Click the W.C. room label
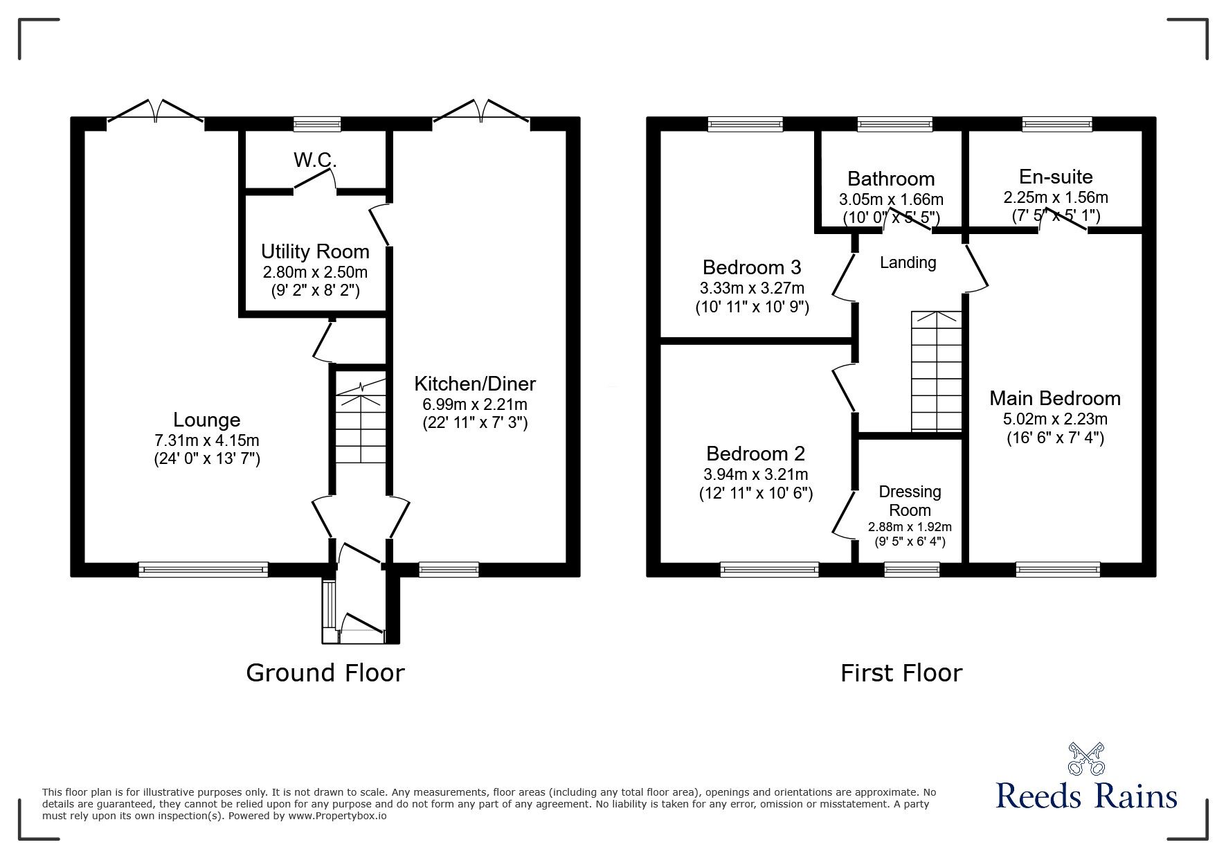pyautogui.click(x=315, y=161)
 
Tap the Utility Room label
pyautogui.click(x=315, y=251)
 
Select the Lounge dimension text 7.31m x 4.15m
pyautogui.click(x=207, y=440)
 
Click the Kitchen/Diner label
pyautogui.click(x=475, y=384)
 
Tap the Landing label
pyautogui.click(x=908, y=262)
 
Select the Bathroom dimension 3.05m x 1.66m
pyautogui.click(x=891, y=199)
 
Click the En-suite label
pyautogui.click(x=1055, y=176)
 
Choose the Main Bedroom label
pyautogui.click(x=1054, y=398)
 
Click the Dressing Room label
pyautogui.click(x=910, y=501)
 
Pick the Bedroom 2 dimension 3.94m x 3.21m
pyautogui.click(x=755, y=474)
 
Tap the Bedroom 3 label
pyautogui.click(x=751, y=267)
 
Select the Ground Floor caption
pyautogui.click(x=325, y=672)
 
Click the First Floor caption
pyautogui.click(x=901, y=672)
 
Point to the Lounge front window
pyautogui.click(x=203, y=569)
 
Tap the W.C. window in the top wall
pyautogui.click(x=317, y=124)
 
